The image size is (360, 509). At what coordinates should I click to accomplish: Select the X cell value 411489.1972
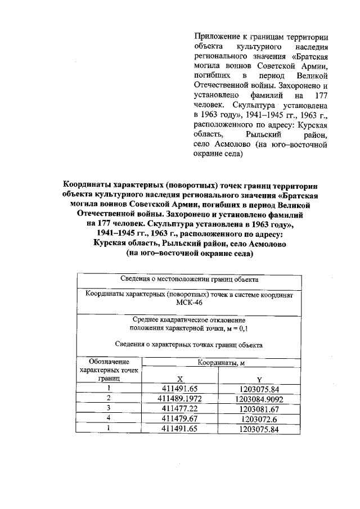pyautogui.click(x=179, y=398)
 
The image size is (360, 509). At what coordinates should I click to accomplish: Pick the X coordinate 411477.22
pyautogui.click(x=179, y=408)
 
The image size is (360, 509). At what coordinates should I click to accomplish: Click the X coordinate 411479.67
pyautogui.click(x=179, y=418)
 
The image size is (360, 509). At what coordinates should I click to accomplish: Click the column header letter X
pyautogui.click(x=179, y=379)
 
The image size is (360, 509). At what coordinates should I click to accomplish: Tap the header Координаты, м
pyautogui.click(x=219, y=363)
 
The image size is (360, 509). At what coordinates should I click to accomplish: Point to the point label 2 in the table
pyautogui.click(x=109, y=398)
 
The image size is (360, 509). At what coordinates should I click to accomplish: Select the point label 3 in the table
pyautogui.click(x=109, y=408)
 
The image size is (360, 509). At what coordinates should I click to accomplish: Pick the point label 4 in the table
pyautogui.click(x=109, y=418)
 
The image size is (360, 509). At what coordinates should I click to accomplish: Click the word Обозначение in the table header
pyautogui.click(x=109, y=362)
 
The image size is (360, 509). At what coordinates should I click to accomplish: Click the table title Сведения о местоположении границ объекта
pyautogui.click(x=189, y=279)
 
